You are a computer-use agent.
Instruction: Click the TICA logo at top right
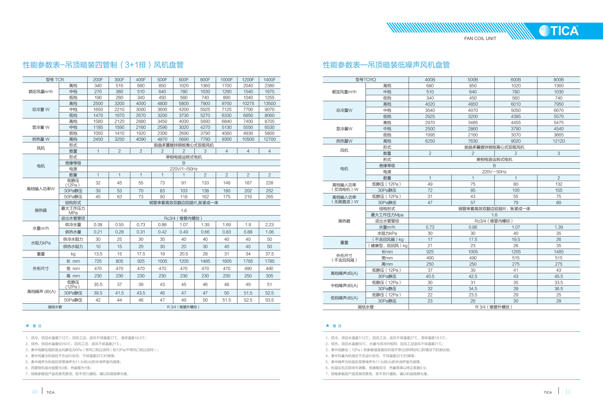[559, 31]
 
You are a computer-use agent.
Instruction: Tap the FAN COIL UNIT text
[480, 39]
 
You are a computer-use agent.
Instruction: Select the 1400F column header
[269, 80]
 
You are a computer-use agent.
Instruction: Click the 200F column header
[98, 80]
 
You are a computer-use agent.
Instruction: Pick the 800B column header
[558, 80]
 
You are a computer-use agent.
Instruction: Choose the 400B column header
[430, 80]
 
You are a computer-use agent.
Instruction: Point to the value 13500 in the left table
[269, 103]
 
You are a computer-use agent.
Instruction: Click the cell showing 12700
[269, 139]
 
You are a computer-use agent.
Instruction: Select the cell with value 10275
[248, 103]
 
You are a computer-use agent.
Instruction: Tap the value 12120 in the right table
[558, 141]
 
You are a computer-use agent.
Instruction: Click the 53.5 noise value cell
[269, 300]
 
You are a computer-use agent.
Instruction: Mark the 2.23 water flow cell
[269, 225]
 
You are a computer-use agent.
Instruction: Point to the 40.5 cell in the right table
[430, 277]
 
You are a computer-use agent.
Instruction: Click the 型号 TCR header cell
[55, 80]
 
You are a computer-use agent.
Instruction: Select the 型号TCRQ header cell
[366, 80]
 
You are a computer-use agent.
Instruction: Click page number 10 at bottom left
[34, 392]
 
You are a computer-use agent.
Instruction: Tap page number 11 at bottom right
[568, 392]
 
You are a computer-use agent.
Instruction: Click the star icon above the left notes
[27, 326]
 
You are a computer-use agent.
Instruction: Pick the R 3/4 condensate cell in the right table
[494, 307]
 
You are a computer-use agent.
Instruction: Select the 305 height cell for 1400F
[269, 276]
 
